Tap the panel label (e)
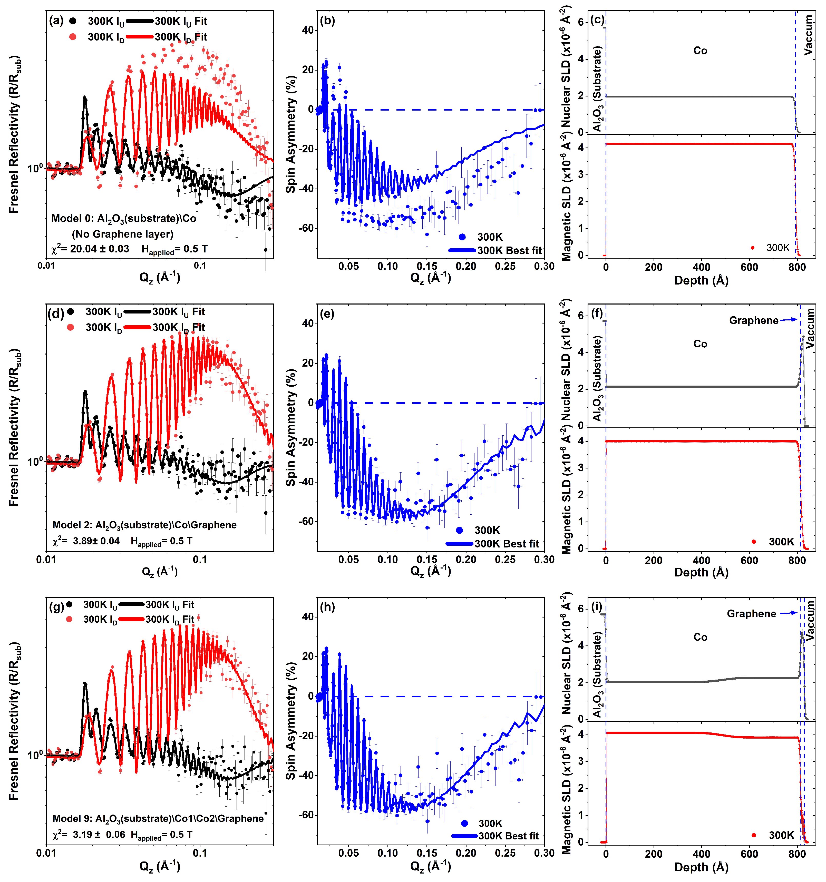pyautogui.click(x=327, y=314)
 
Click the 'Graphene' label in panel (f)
pyautogui.click(x=753, y=320)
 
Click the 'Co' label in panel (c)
pyautogui.click(x=700, y=51)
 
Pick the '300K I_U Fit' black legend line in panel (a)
pyautogui.click(x=140, y=21)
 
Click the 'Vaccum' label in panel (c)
pyautogui.click(x=809, y=35)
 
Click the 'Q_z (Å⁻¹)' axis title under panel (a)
pyautogui.click(x=160, y=278)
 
